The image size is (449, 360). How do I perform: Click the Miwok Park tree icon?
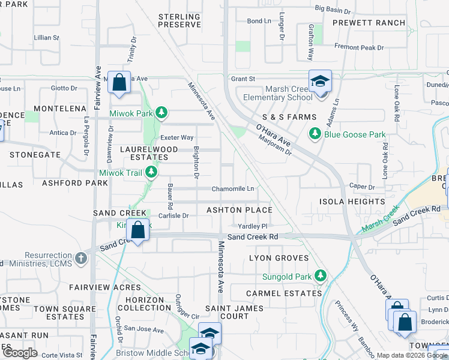coord(161,112)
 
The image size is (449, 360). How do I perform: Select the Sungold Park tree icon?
coord(321,276)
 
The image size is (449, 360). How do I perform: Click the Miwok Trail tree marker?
coord(152,173)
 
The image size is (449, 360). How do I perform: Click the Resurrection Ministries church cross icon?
coord(81,259)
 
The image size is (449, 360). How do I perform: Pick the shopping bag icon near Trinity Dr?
coord(119,82)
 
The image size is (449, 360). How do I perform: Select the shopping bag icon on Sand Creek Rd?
coord(138,230)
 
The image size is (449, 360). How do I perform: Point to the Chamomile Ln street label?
coord(232,189)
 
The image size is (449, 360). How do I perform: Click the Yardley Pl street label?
coord(252,226)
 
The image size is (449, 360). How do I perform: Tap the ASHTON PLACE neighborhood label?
coord(240,210)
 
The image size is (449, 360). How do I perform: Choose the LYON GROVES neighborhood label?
coord(279,258)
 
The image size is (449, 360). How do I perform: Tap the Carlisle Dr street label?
coord(173,215)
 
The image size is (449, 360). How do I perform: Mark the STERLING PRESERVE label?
coord(179,20)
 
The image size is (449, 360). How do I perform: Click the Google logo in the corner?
coord(20,353)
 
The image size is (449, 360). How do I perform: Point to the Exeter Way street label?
coord(178,137)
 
